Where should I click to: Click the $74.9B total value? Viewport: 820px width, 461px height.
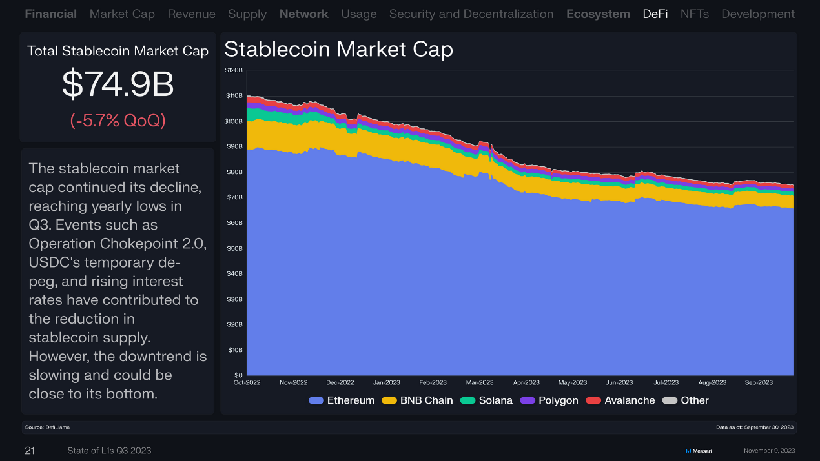pos(118,84)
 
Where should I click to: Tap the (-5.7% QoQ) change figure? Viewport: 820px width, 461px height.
pos(118,120)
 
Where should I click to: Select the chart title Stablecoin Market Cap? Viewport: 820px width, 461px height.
pos(338,49)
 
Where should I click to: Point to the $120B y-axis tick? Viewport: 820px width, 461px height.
pos(234,70)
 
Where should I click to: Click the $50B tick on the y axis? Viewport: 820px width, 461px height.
pos(234,248)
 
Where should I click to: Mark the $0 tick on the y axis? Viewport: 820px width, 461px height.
pos(238,375)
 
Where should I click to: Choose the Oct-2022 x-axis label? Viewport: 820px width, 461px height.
pos(247,382)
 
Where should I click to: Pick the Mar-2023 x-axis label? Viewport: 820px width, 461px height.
pos(480,382)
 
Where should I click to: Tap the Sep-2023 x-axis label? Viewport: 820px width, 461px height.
pos(759,382)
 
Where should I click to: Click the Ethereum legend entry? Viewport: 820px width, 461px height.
pos(342,400)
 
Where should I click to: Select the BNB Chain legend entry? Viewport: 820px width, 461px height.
pos(418,400)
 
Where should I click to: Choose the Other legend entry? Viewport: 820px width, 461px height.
pos(686,400)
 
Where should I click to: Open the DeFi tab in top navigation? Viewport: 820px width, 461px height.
pos(655,14)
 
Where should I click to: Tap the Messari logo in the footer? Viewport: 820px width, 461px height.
pos(698,451)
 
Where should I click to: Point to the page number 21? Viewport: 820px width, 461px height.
pos(30,451)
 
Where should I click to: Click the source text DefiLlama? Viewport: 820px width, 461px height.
pos(57,427)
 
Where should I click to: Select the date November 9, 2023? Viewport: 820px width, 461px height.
pos(769,451)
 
